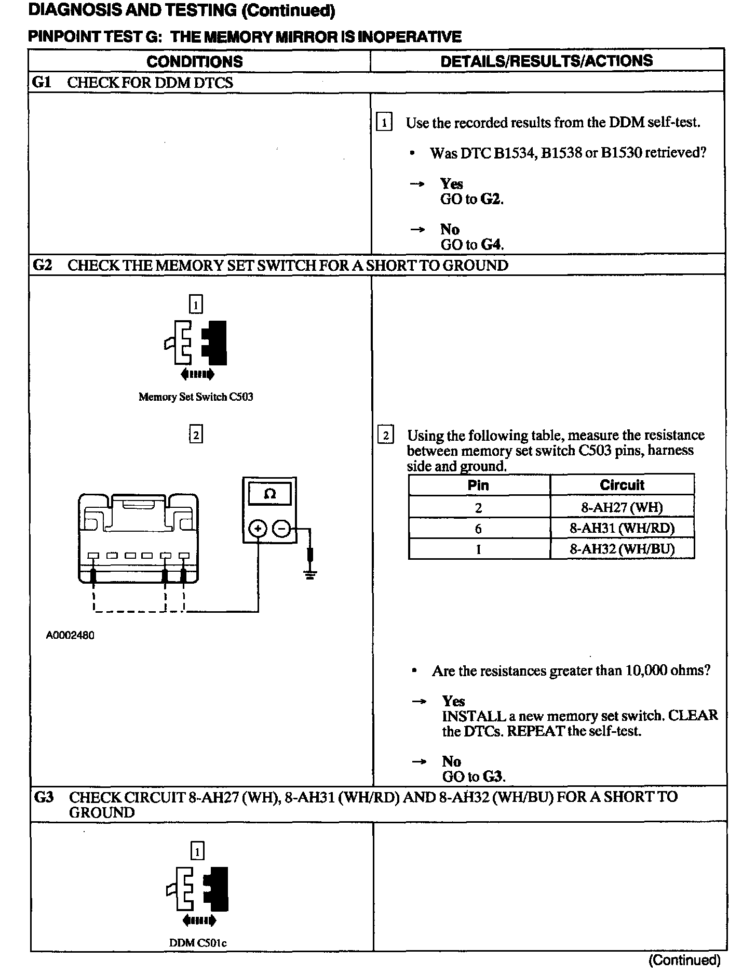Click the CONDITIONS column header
click(195, 61)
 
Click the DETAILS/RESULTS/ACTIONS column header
click(546, 61)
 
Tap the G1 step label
click(42, 82)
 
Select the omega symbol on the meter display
click(270, 494)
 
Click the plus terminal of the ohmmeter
click(258, 529)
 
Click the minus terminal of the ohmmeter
click(282, 529)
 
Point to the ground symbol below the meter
click(310, 573)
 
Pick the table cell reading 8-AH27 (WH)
click(622, 507)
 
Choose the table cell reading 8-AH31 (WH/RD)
click(622, 529)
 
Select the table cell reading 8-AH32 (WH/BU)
click(622, 549)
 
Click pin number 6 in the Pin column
click(478, 529)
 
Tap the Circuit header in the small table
click(622, 485)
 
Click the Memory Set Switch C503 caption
click(196, 397)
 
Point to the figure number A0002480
click(70, 635)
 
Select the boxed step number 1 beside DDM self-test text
click(384, 122)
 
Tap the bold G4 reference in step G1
click(492, 244)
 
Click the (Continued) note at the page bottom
click(684, 959)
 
